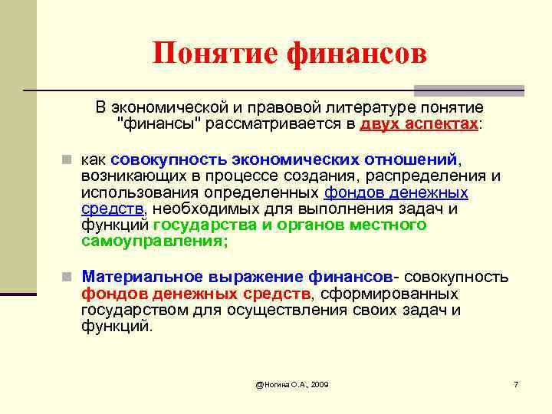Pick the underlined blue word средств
[112, 209]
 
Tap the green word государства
[202, 225]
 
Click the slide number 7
[516, 383]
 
